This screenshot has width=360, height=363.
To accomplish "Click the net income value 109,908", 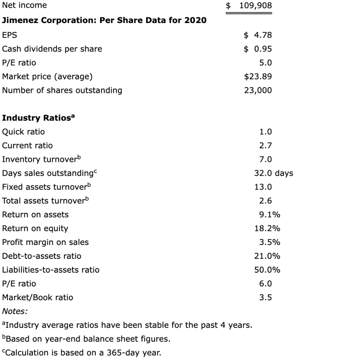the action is [255, 6].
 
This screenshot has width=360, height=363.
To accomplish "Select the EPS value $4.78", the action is [258, 35].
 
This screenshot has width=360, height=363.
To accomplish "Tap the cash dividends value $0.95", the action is [258, 49].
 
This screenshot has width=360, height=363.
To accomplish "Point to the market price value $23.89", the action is [258, 77].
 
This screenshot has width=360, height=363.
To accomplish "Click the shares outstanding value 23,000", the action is [258, 90].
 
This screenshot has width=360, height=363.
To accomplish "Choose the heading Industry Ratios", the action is [38, 118].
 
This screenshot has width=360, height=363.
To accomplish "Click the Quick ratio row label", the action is [23, 132].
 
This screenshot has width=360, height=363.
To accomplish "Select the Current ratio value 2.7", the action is [266, 146].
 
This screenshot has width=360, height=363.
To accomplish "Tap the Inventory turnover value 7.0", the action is [266, 160].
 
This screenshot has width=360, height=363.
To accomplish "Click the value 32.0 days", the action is [274, 173].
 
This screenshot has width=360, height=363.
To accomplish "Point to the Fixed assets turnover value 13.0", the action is [263, 187].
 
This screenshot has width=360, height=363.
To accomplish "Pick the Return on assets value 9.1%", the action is [270, 215].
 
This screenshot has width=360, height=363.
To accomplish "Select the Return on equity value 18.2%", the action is [267, 229].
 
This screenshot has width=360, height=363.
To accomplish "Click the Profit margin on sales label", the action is [45, 242].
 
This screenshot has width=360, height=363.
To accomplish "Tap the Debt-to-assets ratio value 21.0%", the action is [267, 256].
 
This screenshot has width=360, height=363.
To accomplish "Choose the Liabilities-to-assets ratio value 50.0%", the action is [267, 270].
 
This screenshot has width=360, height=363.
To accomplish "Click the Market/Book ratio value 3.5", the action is [266, 298].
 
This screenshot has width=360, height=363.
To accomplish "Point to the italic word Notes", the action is [15, 311].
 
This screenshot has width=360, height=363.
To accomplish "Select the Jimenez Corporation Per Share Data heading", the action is [104, 20].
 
